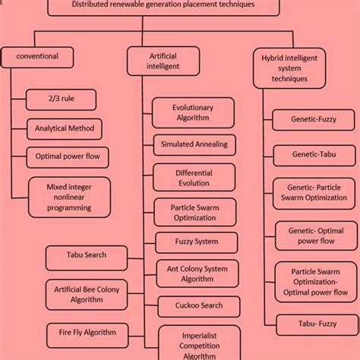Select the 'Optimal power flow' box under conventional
coord(68,156)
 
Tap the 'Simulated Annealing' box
coord(194,144)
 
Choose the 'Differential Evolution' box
coord(194,178)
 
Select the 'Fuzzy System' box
coord(196,242)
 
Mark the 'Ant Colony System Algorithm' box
coord(197,273)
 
